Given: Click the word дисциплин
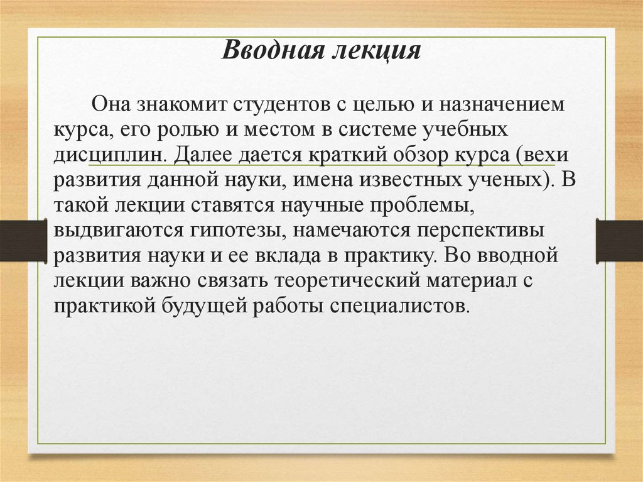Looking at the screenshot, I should pos(111,153).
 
